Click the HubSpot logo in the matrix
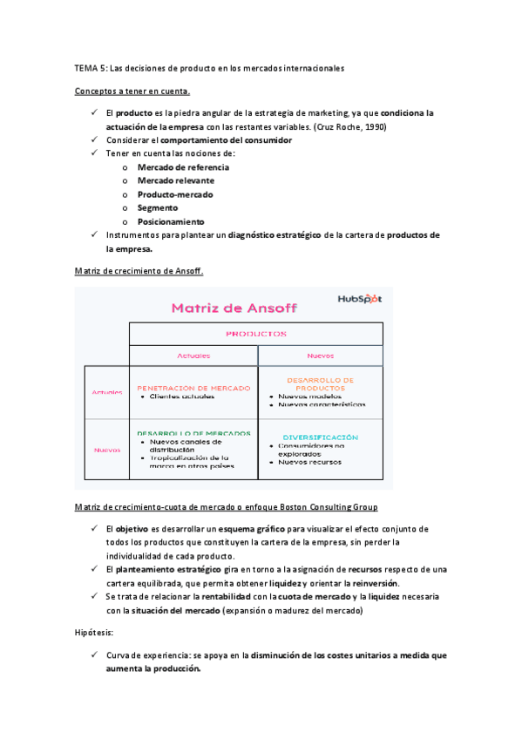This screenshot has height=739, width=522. (x=359, y=299)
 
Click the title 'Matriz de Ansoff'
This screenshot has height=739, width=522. (x=234, y=307)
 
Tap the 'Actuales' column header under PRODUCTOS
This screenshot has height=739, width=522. (x=193, y=356)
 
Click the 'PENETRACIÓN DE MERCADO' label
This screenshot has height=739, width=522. (x=193, y=388)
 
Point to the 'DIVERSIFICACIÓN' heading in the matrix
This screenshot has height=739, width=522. (x=321, y=437)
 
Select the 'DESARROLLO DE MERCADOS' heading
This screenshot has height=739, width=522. (x=193, y=432)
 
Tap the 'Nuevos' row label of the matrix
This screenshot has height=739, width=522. (x=106, y=450)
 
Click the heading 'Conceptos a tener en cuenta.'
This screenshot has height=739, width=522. (x=132, y=91)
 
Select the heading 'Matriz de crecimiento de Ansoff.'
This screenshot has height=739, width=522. (x=139, y=271)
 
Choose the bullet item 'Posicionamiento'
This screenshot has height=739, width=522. (x=171, y=221)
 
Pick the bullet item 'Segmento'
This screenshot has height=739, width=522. (x=157, y=207)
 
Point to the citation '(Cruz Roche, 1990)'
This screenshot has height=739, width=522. (x=350, y=126)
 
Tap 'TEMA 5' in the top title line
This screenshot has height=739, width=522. (x=91, y=67)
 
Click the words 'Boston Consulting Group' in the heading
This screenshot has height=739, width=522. (x=328, y=506)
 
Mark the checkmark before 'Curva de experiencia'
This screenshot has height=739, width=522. (x=93, y=654)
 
